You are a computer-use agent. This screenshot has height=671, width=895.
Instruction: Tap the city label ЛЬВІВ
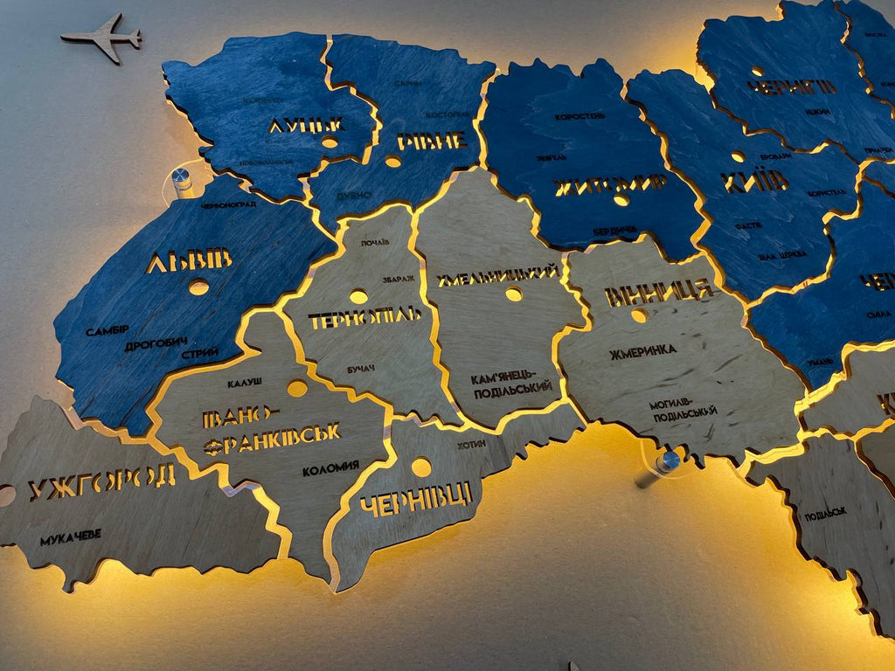pos(190,260)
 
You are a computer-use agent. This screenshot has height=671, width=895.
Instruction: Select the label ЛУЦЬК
pos(306,125)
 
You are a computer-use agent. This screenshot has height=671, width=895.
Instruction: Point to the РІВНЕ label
pos(431,141)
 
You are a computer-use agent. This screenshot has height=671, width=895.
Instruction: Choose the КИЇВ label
pos(754,182)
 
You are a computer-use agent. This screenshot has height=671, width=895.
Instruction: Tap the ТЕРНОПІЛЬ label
pos(365,318)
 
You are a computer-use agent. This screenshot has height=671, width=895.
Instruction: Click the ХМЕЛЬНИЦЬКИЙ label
pos(498,273)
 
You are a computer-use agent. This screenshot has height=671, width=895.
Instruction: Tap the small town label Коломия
pos(330,470)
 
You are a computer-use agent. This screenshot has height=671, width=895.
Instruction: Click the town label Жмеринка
pos(643,350)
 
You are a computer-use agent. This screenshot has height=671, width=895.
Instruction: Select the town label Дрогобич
pos(156,344)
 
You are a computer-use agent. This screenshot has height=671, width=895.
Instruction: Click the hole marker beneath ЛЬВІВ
pos(199,287)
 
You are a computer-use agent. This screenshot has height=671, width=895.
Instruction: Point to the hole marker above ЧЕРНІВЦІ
pos(421,467)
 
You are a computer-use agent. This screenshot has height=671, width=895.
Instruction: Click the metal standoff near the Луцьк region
pos(183,178)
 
